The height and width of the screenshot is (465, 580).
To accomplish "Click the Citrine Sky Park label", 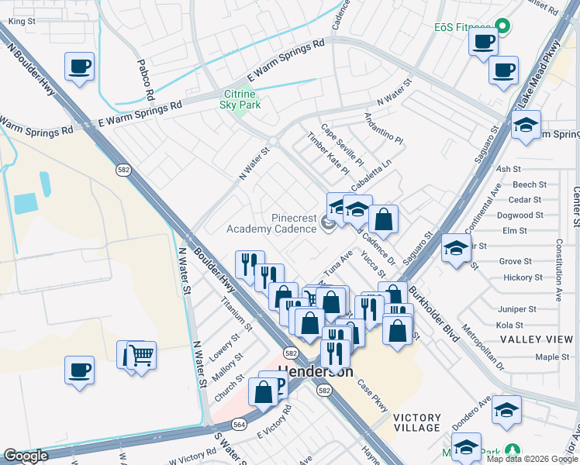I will [240, 98].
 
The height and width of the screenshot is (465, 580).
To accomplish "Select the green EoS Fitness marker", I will [502, 26].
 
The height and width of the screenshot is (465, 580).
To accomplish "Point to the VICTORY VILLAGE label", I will [417, 422].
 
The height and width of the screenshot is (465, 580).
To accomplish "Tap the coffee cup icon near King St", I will [80, 67].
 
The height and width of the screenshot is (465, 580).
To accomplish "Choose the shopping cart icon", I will [141, 356].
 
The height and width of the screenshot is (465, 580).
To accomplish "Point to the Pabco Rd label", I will [145, 81].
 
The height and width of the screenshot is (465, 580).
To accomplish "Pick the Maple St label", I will [553, 357].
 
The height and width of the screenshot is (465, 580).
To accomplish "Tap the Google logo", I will [26, 456].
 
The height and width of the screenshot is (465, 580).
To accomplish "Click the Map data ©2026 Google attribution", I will [532, 459].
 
